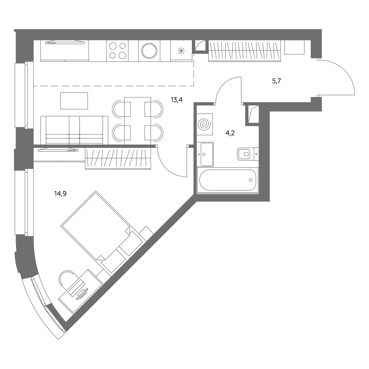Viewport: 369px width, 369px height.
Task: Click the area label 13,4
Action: pos(177,100)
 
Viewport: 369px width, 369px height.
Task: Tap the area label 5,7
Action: pos(276,81)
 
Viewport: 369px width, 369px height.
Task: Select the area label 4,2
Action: pos(230,133)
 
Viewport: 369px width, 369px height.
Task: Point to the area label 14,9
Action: pos(60,194)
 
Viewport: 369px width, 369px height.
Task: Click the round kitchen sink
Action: pos(149,51)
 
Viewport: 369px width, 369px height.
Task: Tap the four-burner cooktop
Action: pos(117,51)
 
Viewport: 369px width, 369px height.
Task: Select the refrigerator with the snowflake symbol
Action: pos(181,51)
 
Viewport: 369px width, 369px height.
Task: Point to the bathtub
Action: pos(228,180)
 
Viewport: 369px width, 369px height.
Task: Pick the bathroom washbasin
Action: pos(207,154)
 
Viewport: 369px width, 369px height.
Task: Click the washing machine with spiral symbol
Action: pos(204,124)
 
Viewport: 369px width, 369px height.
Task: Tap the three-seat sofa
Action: pos(74,130)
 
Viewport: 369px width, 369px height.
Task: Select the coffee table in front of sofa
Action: pos(74,101)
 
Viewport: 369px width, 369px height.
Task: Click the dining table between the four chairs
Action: pos(137,121)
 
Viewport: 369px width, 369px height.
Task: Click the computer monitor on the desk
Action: pos(82,294)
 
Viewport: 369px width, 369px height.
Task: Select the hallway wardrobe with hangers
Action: pos(244,51)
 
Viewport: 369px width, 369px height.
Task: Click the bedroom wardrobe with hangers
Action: pos(118,159)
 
